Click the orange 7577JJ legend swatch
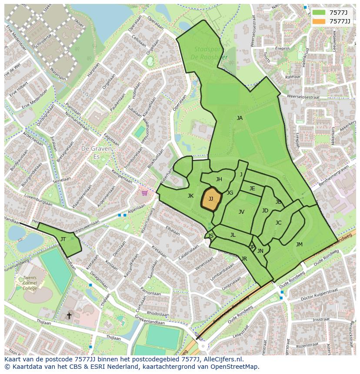click(319, 21)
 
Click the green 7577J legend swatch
click(319, 13)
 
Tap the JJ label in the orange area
click(211, 199)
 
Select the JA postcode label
click(240, 118)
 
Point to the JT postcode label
click(63, 239)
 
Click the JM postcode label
click(299, 245)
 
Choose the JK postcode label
click(190, 196)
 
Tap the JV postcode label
click(241, 212)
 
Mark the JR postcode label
click(244, 259)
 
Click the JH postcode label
click(219, 179)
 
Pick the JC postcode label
click(278, 223)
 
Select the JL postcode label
click(233, 235)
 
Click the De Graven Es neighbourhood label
click(97, 152)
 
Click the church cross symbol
click(69, 315)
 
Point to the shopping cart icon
click(144, 192)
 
